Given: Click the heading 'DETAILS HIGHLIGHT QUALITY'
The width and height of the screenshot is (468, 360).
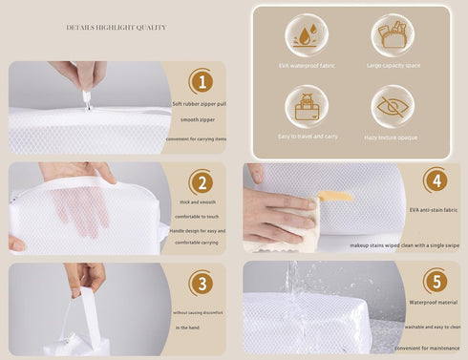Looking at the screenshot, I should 116,28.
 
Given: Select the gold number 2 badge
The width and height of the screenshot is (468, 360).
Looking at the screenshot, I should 201,182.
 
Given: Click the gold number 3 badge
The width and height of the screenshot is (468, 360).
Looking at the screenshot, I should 201,284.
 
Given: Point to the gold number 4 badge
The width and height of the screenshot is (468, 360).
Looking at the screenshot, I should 435,180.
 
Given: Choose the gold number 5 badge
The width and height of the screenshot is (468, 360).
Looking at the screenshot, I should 435,281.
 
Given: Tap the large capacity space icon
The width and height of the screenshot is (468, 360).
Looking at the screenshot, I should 393,34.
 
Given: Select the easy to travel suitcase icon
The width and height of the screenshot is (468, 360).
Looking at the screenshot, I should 306,107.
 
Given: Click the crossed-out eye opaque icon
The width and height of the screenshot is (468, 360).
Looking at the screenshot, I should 393,107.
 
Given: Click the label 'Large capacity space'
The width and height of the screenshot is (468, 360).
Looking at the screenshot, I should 393,65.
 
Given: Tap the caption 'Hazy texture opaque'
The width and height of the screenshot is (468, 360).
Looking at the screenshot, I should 393,137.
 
